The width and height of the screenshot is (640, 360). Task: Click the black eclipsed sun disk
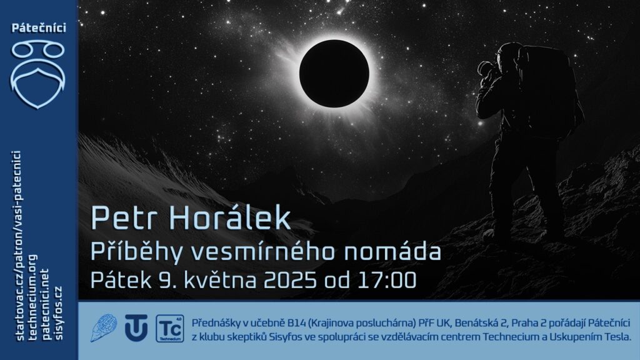click(334, 74)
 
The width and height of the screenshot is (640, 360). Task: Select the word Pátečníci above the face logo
click(39, 28)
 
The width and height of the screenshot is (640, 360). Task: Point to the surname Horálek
click(230, 217)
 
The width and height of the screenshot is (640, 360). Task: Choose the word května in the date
click(221, 280)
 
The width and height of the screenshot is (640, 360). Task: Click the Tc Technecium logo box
click(170, 328)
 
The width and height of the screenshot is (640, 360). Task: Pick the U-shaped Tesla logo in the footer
click(136, 327)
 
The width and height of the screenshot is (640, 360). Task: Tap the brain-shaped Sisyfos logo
click(104, 327)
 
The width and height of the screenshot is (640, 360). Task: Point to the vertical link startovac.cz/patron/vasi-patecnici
click(17, 245)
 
